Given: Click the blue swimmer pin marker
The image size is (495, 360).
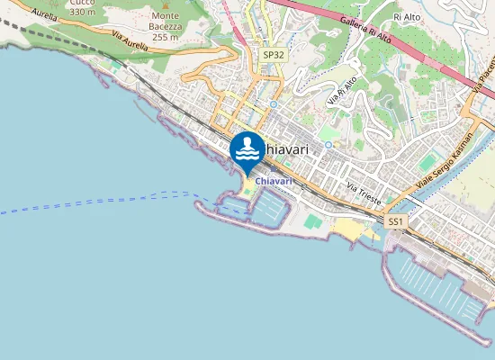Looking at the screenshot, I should [x=247, y=151].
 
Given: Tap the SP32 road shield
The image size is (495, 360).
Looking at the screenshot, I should [x=274, y=55].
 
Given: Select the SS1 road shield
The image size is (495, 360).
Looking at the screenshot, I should [x=395, y=220].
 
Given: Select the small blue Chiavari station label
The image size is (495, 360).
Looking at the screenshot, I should [x=274, y=181].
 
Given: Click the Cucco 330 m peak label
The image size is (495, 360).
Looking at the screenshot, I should [x=82, y=8].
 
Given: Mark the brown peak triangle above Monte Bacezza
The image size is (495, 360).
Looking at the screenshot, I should [x=165, y=6].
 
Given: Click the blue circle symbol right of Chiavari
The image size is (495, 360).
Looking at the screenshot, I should [x=329, y=144].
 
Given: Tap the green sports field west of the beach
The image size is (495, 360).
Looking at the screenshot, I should [x=312, y=220].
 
